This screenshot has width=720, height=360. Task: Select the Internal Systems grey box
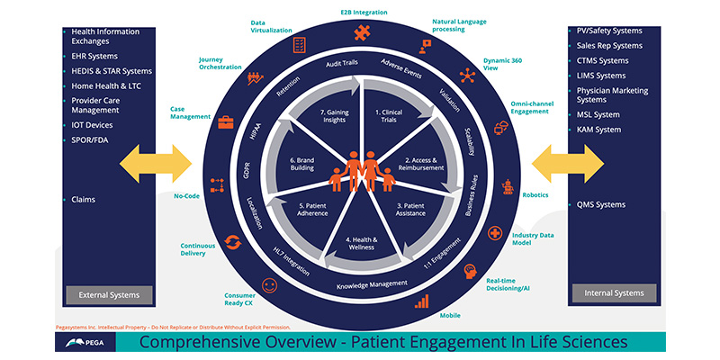(x=614, y=292)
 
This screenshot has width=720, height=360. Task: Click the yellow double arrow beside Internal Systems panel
(x=567, y=168)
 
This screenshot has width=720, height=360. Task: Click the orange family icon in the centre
(x=360, y=171)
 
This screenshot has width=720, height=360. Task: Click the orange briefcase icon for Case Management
(x=225, y=121)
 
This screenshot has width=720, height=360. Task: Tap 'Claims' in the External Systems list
(x=84, y=199)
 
